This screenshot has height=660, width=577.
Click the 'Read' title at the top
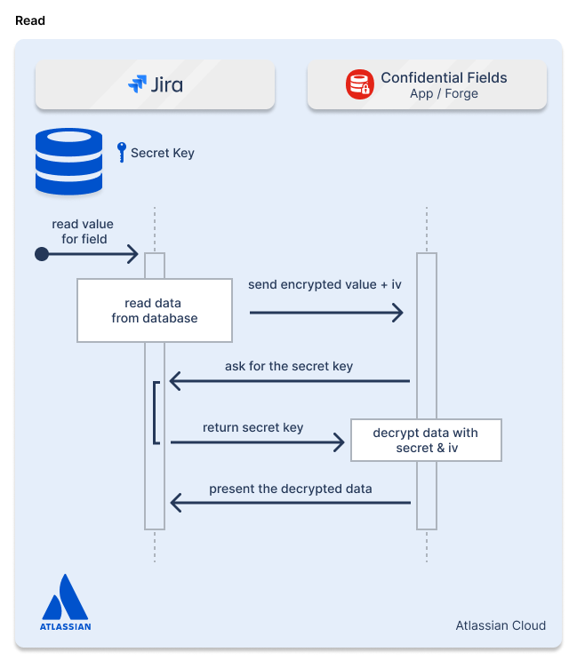[30, 20]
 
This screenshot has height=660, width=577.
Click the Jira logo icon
[137, 84]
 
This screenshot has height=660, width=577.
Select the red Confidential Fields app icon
[360, 84]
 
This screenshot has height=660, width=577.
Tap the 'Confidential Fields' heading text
[444, 77]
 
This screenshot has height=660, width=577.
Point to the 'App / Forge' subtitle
[444, 94]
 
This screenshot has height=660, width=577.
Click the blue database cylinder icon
[68, 161]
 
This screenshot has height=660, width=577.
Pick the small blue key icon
[122, 152]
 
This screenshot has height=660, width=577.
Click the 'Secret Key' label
[162, 153]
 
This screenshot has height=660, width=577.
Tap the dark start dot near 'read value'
[41, 255]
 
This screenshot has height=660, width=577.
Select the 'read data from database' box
[155, 310]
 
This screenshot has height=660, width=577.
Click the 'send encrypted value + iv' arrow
[325, 313]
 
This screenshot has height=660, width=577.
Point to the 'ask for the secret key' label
[289, 365]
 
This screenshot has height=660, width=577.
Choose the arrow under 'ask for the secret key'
[289, 382]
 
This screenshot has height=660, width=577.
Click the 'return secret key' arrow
[256, 441]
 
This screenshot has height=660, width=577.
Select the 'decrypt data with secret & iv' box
[426, 440]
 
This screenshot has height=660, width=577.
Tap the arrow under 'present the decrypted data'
[289, 504]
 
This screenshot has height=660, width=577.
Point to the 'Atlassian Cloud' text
[501, 625]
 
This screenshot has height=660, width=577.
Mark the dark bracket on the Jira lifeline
[156, 412]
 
